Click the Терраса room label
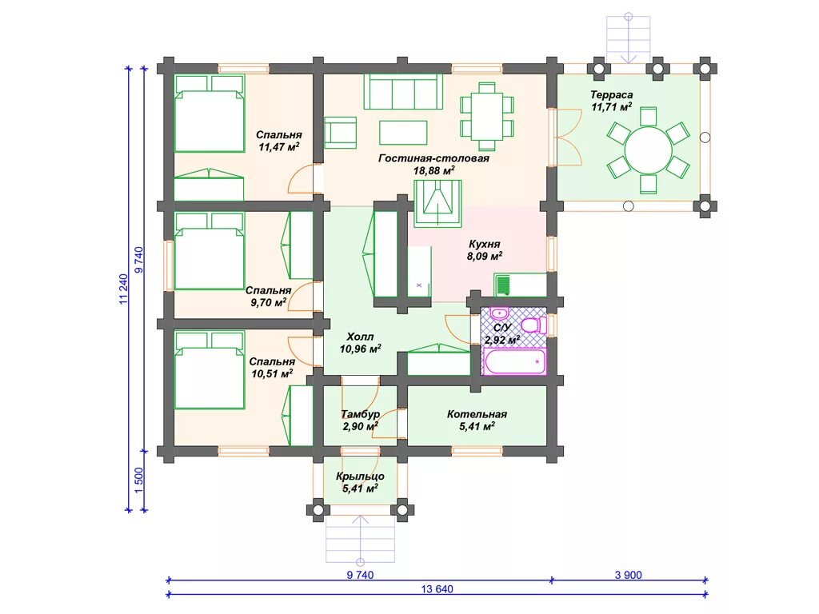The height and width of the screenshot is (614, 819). click(611, 95)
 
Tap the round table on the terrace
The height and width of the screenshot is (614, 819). click(648, 150)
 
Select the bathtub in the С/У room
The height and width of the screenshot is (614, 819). click(514, 361)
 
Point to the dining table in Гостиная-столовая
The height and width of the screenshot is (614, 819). click(487, 116)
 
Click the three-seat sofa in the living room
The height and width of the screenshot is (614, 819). click(403, 91)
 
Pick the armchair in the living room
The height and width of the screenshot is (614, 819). click(340, 133)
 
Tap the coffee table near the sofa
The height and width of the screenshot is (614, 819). click(403, 133)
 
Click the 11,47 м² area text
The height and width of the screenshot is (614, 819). click(279, 147)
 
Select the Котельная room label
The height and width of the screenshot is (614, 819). click(477, 414)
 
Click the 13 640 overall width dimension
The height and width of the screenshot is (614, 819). click(437, 589)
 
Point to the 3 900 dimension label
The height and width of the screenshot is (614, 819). click(629, 575)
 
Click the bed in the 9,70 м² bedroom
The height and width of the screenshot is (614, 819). click(210, 250)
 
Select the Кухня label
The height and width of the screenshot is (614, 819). click(484, 244)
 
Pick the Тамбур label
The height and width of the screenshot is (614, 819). click(361, 415)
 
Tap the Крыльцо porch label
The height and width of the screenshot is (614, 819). click(361, 476)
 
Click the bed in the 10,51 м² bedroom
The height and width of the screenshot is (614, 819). click(210, 369)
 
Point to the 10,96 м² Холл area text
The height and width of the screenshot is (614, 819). click(361, 349)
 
